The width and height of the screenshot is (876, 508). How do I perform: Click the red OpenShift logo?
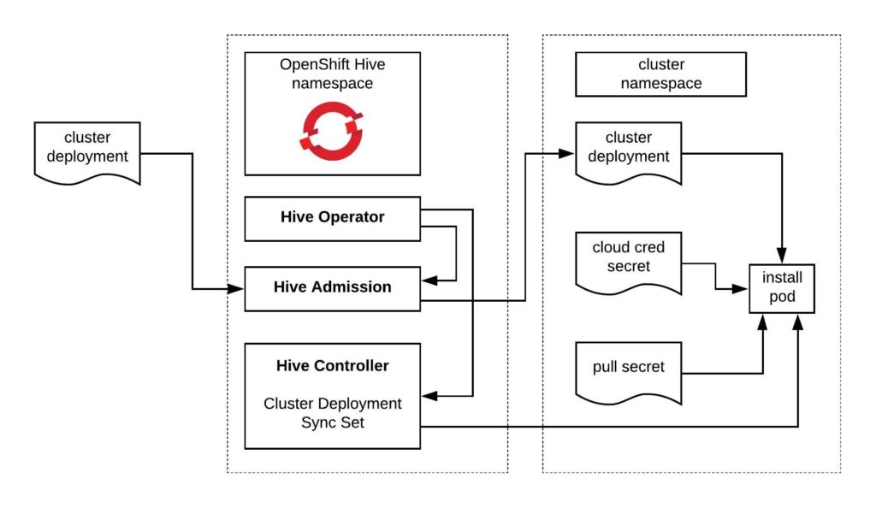[332, 131]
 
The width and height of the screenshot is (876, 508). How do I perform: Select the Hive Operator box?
[332, 218]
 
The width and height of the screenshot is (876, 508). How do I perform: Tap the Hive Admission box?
[332, 288]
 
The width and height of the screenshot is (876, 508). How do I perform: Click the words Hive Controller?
[332, 366]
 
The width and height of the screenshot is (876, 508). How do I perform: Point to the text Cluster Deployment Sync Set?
[332, 412]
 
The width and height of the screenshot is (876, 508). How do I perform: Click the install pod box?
[782, 288]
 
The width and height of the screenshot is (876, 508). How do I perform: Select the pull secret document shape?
[629, 370]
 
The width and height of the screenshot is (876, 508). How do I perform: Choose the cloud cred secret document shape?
[629, 259]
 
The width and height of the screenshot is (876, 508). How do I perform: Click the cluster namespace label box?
[660, 74]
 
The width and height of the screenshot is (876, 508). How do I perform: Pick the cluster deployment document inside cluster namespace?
[629, 150]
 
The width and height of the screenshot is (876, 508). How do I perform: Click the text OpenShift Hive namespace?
[332, 74]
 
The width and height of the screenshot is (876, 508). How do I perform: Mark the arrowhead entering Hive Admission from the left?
[239, 289]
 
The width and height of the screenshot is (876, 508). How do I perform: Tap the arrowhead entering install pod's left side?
[744, 289]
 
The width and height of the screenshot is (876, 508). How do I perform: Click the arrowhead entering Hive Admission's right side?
[427, 280]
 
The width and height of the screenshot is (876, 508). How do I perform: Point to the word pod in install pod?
[782, 298]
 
